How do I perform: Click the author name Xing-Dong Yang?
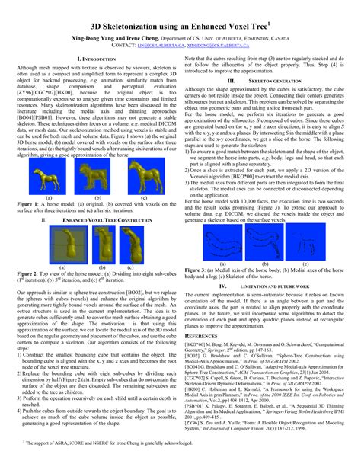pos(94,37)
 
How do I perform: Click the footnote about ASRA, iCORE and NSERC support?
pos(107,442)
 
